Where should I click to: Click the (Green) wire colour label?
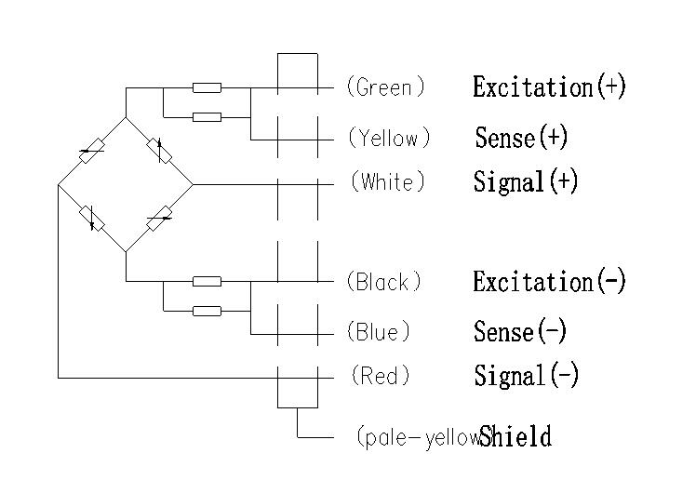click(385, 87)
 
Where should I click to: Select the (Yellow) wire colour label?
click(389, 139)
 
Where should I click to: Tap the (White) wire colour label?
click(388, 182)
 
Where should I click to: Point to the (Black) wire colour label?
click(383, 281)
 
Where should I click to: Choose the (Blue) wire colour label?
click(378, 332)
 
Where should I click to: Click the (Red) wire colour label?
click(380, 377)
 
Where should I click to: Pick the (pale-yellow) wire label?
click(418, 436)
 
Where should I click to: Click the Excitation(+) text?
click(549, 87)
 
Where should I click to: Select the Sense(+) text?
click(520, 139)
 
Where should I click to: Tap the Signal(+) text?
click(526, 181)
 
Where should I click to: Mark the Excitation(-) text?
click(549, 281)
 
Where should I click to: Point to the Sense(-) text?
click(519, 332)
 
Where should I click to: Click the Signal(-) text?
click(526, 376)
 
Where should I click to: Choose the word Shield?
click(516, 436)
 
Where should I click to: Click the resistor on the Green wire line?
click(207, 88)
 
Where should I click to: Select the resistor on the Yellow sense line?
click(207, 117)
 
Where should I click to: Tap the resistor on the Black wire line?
click(207, 281)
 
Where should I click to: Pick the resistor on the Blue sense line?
click(207, 311)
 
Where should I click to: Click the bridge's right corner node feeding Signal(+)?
click(193, 184)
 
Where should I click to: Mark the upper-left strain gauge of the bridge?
click(91, 151)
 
